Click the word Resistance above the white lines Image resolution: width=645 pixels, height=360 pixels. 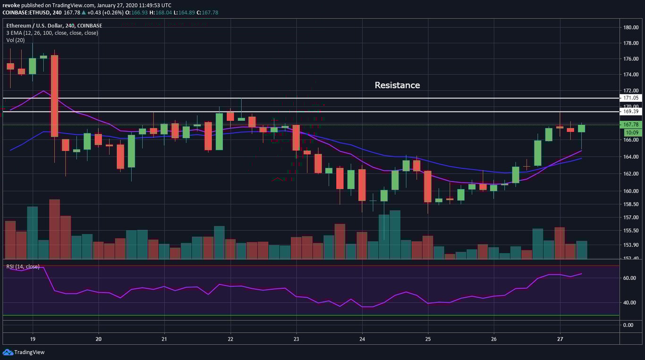tap(397, 85)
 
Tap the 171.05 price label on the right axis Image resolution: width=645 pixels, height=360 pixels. tap(631, 98)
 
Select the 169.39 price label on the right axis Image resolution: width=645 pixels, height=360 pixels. tap(631, 111)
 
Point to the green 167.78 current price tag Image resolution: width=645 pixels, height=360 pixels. tap(631, 125)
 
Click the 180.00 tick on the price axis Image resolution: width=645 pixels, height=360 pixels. tap(631, 27)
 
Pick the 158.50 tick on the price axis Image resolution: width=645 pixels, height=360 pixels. tap(631, 204)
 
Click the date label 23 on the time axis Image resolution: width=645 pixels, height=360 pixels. tap(296, 339)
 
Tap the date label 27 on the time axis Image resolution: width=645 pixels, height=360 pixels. tap(560, 339)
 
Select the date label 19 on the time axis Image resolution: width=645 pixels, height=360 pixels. tap(33, 339)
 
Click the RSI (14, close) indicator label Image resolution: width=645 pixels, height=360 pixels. tap(23, 267)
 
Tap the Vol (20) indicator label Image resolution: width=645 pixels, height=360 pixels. tap(16, 40)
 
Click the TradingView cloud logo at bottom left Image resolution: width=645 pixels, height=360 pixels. tap(8, 352)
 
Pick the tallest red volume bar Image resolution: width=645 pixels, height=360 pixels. tap(54, 229)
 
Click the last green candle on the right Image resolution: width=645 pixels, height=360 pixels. tap(582, 128)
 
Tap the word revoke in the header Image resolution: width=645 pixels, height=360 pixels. tap(11, 5)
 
